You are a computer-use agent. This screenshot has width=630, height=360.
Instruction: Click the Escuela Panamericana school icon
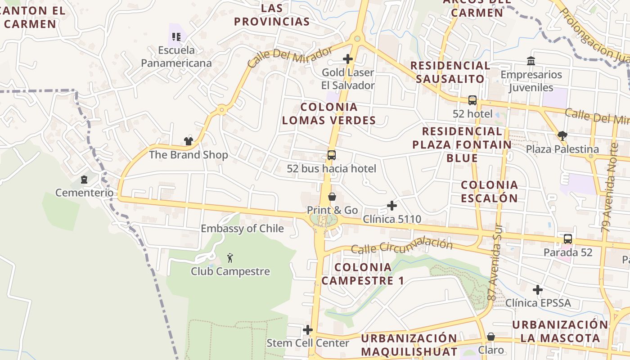176,36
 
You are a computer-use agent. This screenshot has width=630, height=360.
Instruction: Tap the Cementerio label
85,193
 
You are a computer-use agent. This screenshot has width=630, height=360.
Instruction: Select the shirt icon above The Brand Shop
188,141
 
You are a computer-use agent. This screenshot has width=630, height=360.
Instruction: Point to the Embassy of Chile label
242,229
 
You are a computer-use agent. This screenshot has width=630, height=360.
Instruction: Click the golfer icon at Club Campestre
230,258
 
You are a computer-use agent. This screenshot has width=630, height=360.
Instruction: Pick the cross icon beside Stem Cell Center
308,330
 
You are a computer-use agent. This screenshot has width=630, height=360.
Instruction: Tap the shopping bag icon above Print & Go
332,197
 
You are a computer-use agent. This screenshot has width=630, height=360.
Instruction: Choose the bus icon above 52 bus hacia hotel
332,155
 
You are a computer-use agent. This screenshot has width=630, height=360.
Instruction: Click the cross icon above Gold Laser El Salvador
348,59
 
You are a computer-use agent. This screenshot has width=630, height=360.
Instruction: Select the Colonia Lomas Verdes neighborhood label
329,113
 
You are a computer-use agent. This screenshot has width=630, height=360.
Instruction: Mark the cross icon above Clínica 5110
392,206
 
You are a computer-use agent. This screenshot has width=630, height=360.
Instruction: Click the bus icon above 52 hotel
472,100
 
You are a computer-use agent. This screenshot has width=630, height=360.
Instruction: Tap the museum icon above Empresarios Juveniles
531,61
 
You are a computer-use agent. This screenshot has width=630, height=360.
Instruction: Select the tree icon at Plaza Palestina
562,135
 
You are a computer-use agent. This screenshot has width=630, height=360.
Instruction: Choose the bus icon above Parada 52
568,239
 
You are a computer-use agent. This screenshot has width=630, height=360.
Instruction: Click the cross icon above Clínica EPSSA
538,290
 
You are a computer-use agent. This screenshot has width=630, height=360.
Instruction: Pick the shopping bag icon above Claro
491,337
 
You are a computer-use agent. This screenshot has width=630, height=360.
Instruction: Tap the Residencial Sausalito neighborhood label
450,72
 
